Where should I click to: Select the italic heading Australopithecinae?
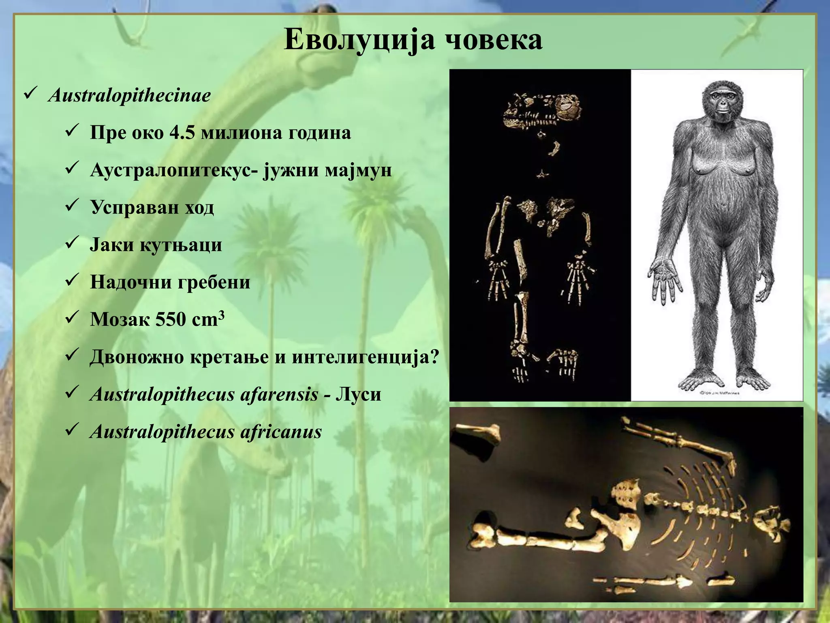[129, 96]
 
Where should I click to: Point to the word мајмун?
[358, 170]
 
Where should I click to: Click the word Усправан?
[134, 207]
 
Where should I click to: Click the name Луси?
[358, 394]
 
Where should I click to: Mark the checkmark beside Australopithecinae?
[31, 95]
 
